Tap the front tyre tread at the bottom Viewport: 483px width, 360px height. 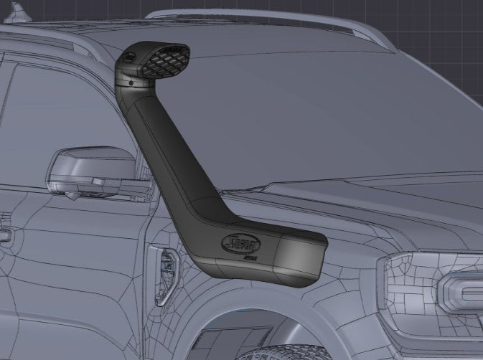[x=287, y=354]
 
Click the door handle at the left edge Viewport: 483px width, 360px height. [x=4, y=234]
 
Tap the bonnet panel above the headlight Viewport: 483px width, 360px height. [x=402, y=215]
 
